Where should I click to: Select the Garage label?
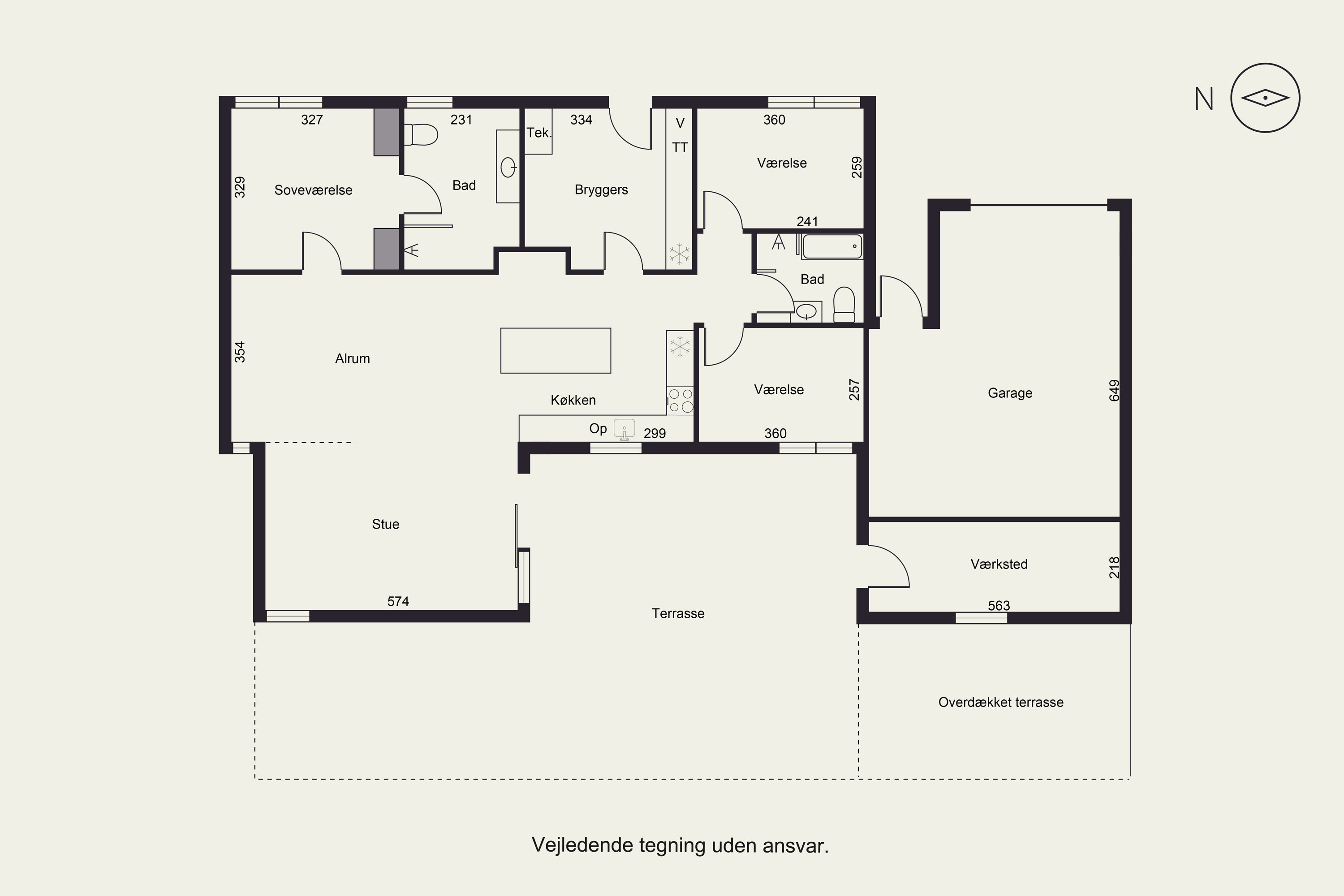pos(1010,393)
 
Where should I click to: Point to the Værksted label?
pos(999,564)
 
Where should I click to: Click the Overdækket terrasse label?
pos(1000,702)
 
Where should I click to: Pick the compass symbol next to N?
pos(1265,98)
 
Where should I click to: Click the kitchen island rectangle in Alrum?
pos(556,350)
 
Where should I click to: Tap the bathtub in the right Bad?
pos(832,247)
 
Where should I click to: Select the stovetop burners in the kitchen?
pos(681,400)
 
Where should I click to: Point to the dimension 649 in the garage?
pos(1114,390)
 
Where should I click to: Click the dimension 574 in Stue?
pos(398,601)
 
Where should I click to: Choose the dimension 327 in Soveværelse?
pos(312,120)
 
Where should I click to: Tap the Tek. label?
pos(539,133)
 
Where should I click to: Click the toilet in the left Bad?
pos(421,135)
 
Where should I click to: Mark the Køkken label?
pos(573,400)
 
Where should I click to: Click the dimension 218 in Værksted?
pos(1114,568)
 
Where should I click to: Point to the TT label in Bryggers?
pos(680,147)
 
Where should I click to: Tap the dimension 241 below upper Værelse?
pos(807,222)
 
